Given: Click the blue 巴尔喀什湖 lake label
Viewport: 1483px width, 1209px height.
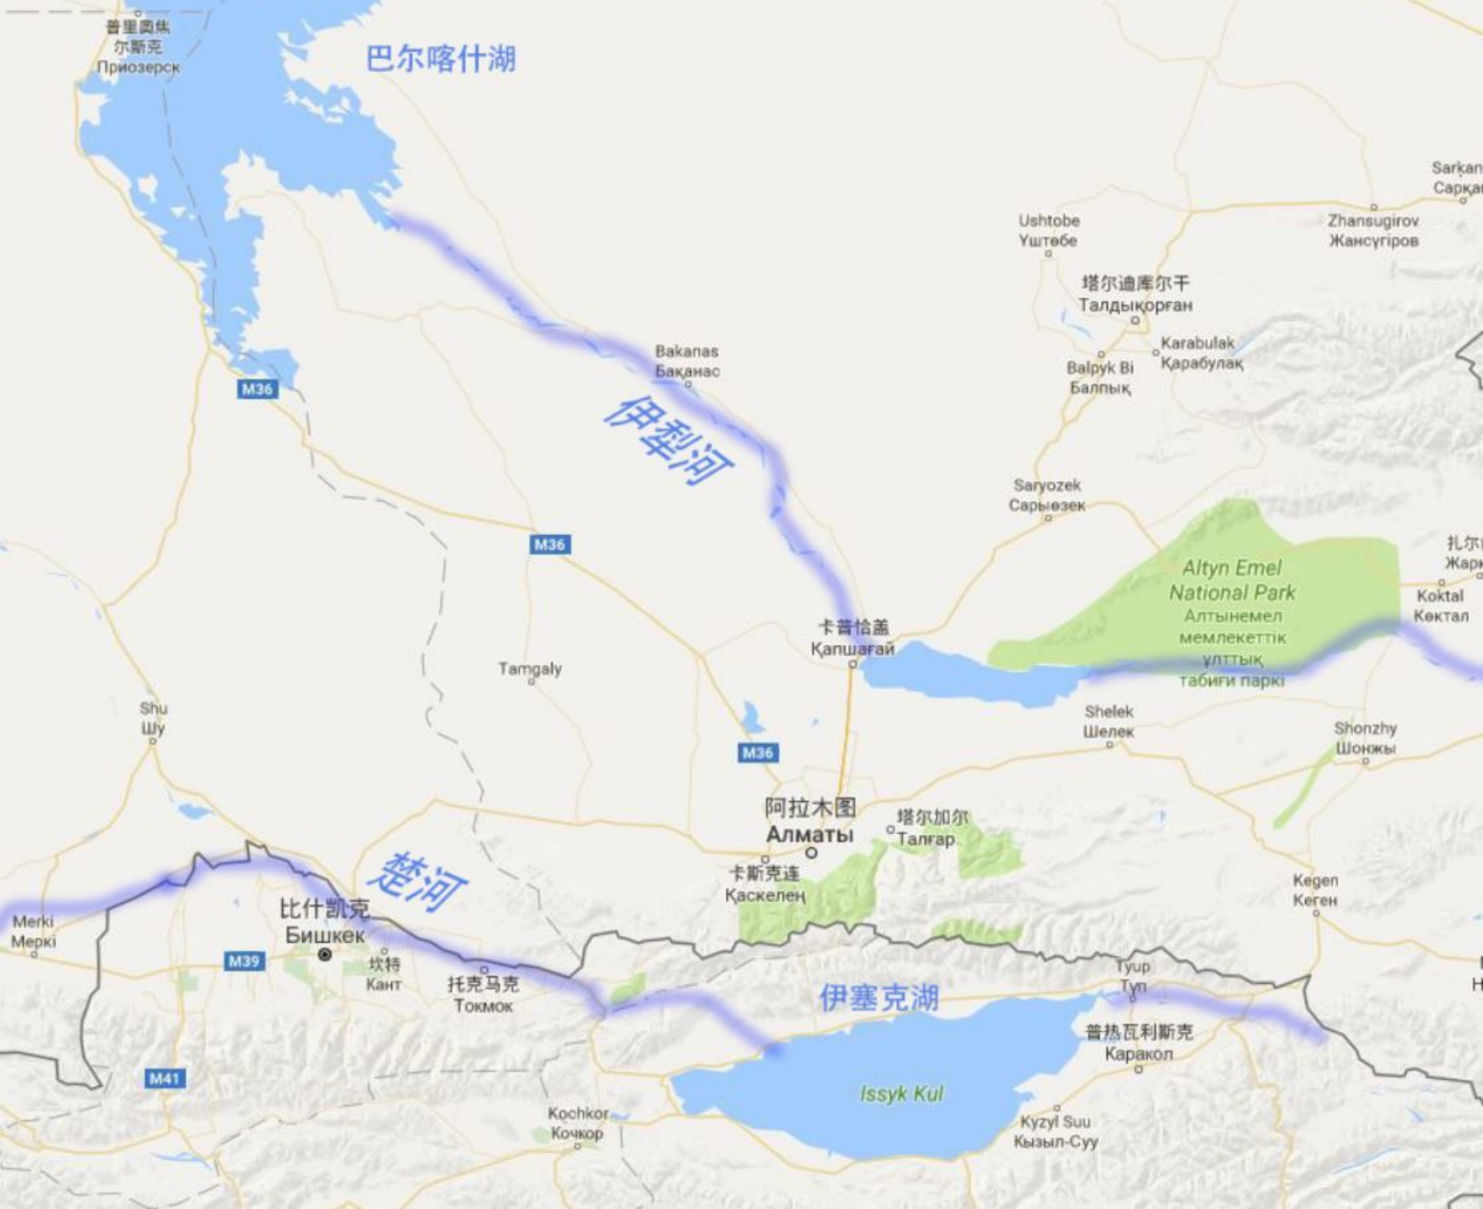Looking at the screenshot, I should (x=440, y=59).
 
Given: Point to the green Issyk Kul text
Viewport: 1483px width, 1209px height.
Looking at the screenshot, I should (x=901, y=1094).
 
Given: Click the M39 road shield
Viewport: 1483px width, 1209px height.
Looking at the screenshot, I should (x=244, y=960).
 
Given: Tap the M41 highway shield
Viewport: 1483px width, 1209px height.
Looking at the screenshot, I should (x=165, y=1078).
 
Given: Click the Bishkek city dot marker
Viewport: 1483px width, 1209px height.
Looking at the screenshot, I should (x=325, y=955).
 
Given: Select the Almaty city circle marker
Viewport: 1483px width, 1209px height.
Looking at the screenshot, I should (x=811, y=853).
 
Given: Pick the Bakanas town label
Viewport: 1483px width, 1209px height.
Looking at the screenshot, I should (x=687, y=361).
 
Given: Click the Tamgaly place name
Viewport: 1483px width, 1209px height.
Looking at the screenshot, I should (x=529, y=669).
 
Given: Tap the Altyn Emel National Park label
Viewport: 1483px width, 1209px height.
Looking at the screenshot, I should (x=1232, y=580).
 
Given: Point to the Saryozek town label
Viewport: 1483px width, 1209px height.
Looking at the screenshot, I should (x=1047, y=495).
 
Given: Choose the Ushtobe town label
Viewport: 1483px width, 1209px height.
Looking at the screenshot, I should (x=1049, y=230).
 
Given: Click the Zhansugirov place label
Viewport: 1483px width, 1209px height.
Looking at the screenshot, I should (x=1373, y=230).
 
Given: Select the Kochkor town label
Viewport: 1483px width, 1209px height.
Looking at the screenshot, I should (x=578, y=1123).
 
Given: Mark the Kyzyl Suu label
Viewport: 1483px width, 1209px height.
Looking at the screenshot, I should (x=1056, y=1131).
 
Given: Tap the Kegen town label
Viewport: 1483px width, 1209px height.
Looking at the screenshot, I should (x=1315, y=890).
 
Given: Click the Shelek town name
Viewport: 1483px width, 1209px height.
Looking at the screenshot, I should (x=1108, y=721).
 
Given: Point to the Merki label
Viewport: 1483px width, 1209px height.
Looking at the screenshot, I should (x=33, y=931).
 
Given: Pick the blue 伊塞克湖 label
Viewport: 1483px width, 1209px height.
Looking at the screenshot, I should (x=878, y=998).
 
